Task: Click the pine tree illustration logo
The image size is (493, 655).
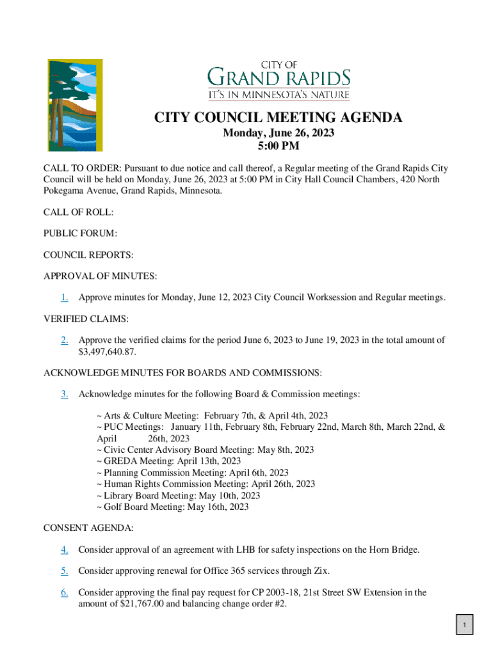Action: [x=76, y=105]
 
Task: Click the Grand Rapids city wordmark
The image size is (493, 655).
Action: [x=279, y=81]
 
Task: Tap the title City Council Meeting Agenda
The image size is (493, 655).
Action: [x=278, y=118]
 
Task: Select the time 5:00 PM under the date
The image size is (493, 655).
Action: [x=279, y=146]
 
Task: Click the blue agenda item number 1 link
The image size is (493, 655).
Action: [x=65, y=297]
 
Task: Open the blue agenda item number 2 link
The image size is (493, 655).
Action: [x=65, y=340]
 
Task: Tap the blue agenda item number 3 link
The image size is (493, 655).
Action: [x=65, y=394]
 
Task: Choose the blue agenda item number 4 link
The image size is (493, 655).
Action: [x=65, y=549]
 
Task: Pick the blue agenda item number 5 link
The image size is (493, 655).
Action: [x=65, y=571]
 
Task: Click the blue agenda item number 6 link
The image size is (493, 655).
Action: [x=65, y=593]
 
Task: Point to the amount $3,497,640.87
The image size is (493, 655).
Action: [x=108, y=352]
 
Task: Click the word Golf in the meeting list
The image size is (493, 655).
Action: [x=111, y=507]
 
